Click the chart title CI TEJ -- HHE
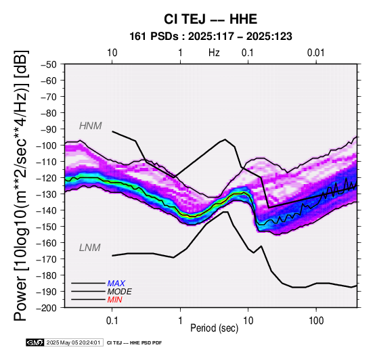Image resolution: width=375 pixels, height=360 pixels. tap(211, 19)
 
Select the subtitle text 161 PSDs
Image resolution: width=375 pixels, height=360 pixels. tap(154, 37)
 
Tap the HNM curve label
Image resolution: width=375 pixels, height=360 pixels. tap(91, 126)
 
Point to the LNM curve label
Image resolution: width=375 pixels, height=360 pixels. tap(89, 248)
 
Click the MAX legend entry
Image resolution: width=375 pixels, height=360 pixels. tap(116, 284)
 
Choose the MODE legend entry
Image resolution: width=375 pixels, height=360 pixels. tap(119, 292)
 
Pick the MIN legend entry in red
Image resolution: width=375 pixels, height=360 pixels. tap(114, 300)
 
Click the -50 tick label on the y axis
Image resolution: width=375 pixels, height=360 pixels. tap(49, 64)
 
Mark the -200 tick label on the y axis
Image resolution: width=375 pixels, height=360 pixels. tap(47, 308)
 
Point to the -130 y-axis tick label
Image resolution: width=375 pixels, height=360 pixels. tap(47, 194)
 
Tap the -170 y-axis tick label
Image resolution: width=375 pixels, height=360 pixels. tap(47, 259)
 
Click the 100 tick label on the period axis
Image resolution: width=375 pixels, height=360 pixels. tap(316, 321)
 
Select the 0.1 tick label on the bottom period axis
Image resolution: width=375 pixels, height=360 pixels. tap(112, 321)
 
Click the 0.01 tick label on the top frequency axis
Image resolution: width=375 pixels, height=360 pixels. tap(316, 53)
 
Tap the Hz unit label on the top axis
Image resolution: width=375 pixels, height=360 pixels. tap(214, 53)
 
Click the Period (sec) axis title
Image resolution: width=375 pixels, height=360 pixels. tap(215, 328)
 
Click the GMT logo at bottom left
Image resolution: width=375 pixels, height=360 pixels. tap(35, 342)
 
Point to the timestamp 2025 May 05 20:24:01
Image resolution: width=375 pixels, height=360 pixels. tap(73, 342)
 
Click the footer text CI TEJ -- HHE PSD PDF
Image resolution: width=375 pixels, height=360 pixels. tap(135, 343)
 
